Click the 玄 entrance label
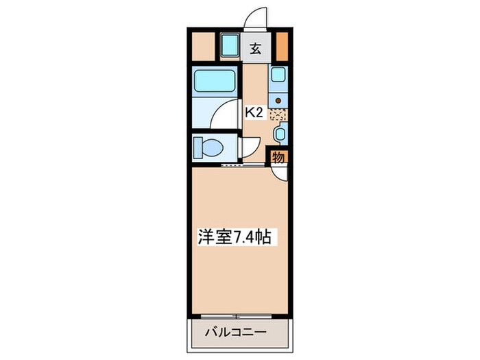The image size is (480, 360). coord(255,49)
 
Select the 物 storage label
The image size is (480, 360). coord(278,157)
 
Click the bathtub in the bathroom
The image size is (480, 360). coord(215,82)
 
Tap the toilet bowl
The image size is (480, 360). coord(206,147)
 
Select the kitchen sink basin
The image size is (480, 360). coord(278,76)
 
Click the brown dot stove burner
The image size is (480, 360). coord(278,100)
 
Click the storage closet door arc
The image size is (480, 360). coord(280,173)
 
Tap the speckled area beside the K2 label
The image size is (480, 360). coord(278,114)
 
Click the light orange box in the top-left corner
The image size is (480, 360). coord(202,46)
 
